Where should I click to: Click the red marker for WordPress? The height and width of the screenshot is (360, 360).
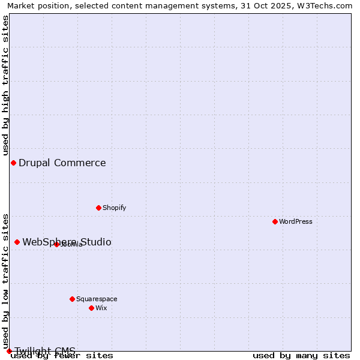[x=275, y=221]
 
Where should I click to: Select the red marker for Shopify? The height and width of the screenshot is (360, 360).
[x=99, y=208]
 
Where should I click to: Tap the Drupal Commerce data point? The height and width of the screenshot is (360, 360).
[x=13, y=163]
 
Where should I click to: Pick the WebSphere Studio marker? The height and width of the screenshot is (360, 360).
[x=17, y=242]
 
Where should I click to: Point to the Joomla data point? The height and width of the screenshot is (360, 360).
[x=56, y=244]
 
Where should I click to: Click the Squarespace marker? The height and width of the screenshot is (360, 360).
[x=72, y=299]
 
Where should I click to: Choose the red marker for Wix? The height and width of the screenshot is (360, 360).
[x=91, y=308]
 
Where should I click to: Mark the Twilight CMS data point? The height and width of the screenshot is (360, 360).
[x=9, y=351]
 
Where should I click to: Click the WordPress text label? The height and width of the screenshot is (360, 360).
[x=296, y=221]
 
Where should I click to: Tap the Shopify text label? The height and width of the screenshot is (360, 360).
[x=114, y=208]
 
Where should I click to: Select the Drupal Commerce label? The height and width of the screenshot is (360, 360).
[x=62, y=163]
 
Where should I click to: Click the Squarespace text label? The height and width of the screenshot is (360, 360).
[x=97, y=299]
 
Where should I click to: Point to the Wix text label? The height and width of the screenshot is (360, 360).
[x=101, y=308]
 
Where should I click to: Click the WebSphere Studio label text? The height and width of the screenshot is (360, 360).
[x=67, y=242]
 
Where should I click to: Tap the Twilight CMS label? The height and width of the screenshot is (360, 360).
[x=45, y=350]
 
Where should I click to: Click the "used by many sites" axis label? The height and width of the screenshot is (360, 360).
[x=301, y=355]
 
